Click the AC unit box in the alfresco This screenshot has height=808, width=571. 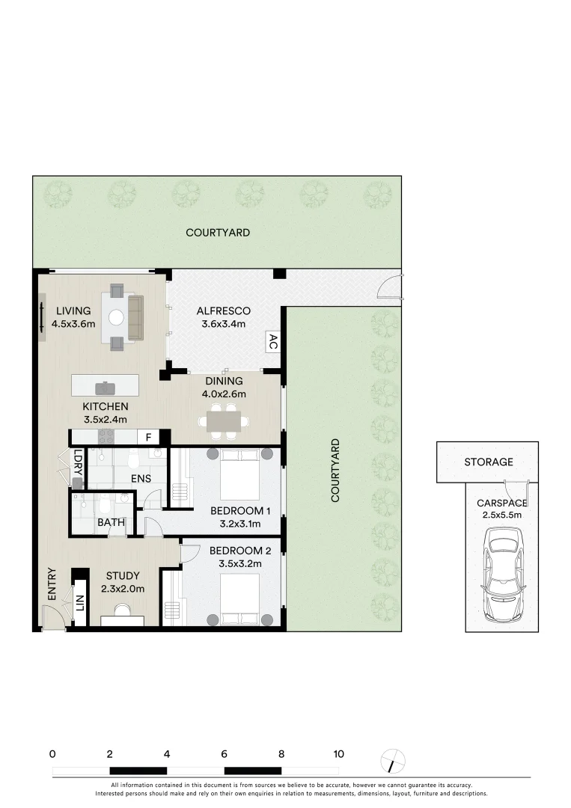point(272,343)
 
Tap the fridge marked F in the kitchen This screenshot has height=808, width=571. point(148,437)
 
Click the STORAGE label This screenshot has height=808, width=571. point(488,462)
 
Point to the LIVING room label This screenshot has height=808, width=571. point(73,311)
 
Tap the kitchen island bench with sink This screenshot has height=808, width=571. point(105,385)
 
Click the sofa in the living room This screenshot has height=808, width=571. point(135,317)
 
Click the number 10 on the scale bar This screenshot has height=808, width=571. point(338,754)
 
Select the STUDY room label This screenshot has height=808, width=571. point(123,575)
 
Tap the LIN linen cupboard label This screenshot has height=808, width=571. point(79,601)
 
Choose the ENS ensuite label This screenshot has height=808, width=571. point(141,478)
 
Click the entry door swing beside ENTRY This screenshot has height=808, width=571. point(52,618)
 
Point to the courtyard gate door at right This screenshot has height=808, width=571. point(389,286)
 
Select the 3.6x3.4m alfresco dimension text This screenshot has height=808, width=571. point(223,325)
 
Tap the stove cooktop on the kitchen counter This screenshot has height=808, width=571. point(106,436)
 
